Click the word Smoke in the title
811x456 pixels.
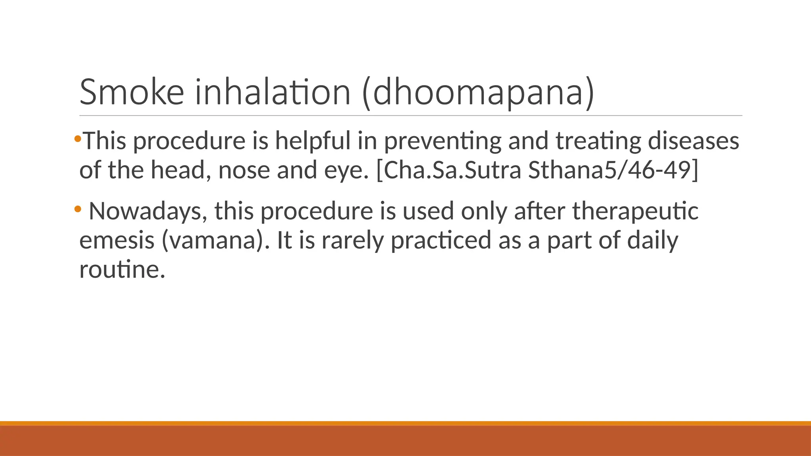[x=132, y=92]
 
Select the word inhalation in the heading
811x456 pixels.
[x=273, y=92]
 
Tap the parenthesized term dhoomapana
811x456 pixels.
[x=478, y=93]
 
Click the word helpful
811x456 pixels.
[x=313, y=141]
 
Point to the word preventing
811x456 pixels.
[x=443, y=142]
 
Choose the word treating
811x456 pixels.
[x=598, y=142]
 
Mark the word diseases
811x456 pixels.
[x=693, y=141]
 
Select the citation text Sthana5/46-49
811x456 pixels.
[x=613, y=170]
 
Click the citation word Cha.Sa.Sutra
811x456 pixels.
[x=449, y=170]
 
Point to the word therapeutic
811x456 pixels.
[x=635, y=211]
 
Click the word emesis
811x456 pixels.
[x=117, y=241]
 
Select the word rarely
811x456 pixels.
[x=352, y=241]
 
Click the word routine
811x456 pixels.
[x=122, y=270]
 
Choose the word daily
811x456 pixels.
[x=653, y=241]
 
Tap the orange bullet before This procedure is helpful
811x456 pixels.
[x=78, y=139]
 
